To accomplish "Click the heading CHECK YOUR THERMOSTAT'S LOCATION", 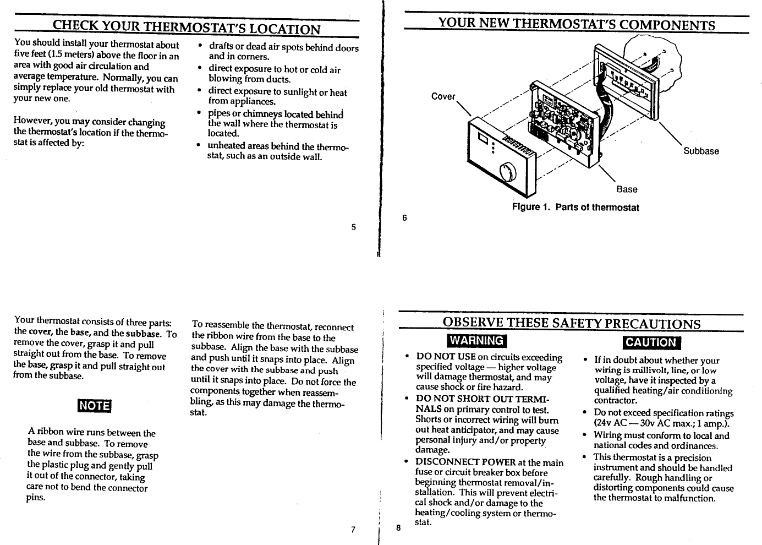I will coord(186,29).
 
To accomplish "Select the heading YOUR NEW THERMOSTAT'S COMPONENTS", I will coord(576,25).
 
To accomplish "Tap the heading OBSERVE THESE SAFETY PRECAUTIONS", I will coord(572,323).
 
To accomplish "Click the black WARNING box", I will coord(476,341).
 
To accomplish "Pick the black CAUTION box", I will coord(650,342).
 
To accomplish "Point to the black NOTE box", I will coord(95,406).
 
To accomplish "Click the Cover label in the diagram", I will coord(443,97).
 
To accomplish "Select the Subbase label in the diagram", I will coord(700,151).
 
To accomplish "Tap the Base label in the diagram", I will coord(627,189).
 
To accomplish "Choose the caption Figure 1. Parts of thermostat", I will coord(575,208).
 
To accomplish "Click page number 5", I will coord(354,227).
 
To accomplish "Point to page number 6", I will coord(404,217).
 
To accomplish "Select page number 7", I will coord(353,530).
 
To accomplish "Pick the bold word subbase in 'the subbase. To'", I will coord(145,334).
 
